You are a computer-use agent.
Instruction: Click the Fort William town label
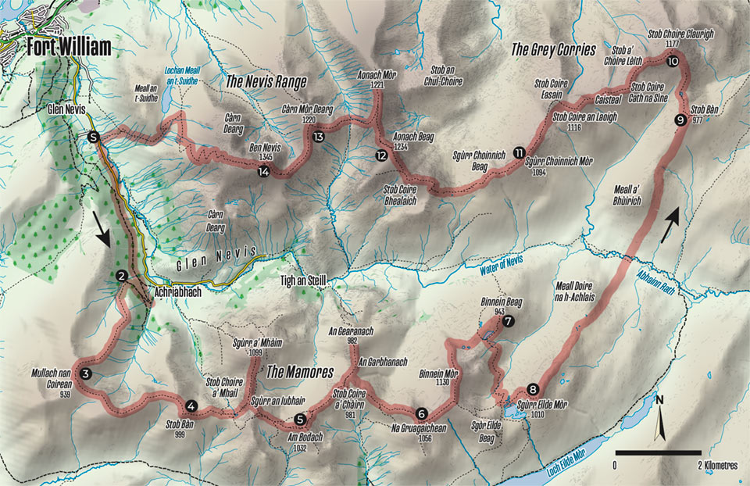pyautogui.click(x=68, y=47)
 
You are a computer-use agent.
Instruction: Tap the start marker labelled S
pyautogui.click(x=94, y=138)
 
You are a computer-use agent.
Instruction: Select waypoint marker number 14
pyautogui.click(x=266, y=172)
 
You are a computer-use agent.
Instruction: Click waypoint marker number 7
pyautogui.click(x=509, y=321)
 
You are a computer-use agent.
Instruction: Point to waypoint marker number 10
pyautogui.click(x=673, y=59)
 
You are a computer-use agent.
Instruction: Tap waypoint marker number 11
pyautogui.click(x=520, y=152)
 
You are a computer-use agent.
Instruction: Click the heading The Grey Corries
pyautogui.click(x=553, y=49)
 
